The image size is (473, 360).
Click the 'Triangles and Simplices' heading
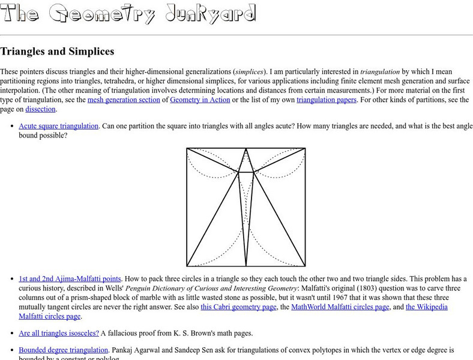(x=57, y=52)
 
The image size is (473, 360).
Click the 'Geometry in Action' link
(x=200, y=100)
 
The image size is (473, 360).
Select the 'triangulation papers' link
(x=326, y=100)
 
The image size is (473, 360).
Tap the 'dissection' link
(x=40, y=109)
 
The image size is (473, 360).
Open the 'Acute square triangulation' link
(x=58, y=126)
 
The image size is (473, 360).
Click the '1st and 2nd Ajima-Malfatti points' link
(x=70, y=278)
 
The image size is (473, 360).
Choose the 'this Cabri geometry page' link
(x=238, y=307)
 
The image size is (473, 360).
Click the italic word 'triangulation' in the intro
(x=380, y=71)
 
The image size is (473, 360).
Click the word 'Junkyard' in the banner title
(x=209, y=13)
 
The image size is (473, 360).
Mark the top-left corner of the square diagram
(x=187, y=148)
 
